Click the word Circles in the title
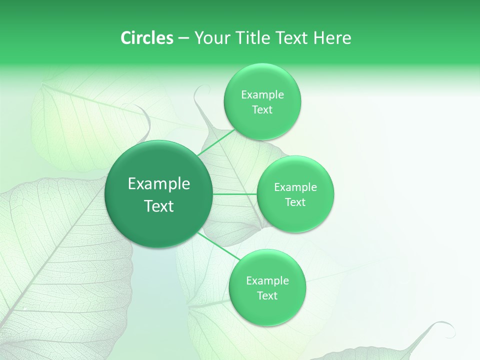[146, 38]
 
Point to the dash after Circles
[183, 38]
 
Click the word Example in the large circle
[159, 184]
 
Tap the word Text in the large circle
[159, 206]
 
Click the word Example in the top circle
[262, 95]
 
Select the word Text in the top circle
[262, 110]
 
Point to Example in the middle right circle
[295, 187]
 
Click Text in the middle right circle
[295, 202]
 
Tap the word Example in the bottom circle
[267, 281]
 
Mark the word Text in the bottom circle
[267, 296]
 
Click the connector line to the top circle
[216, 143]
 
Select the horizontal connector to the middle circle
[234, 194]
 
